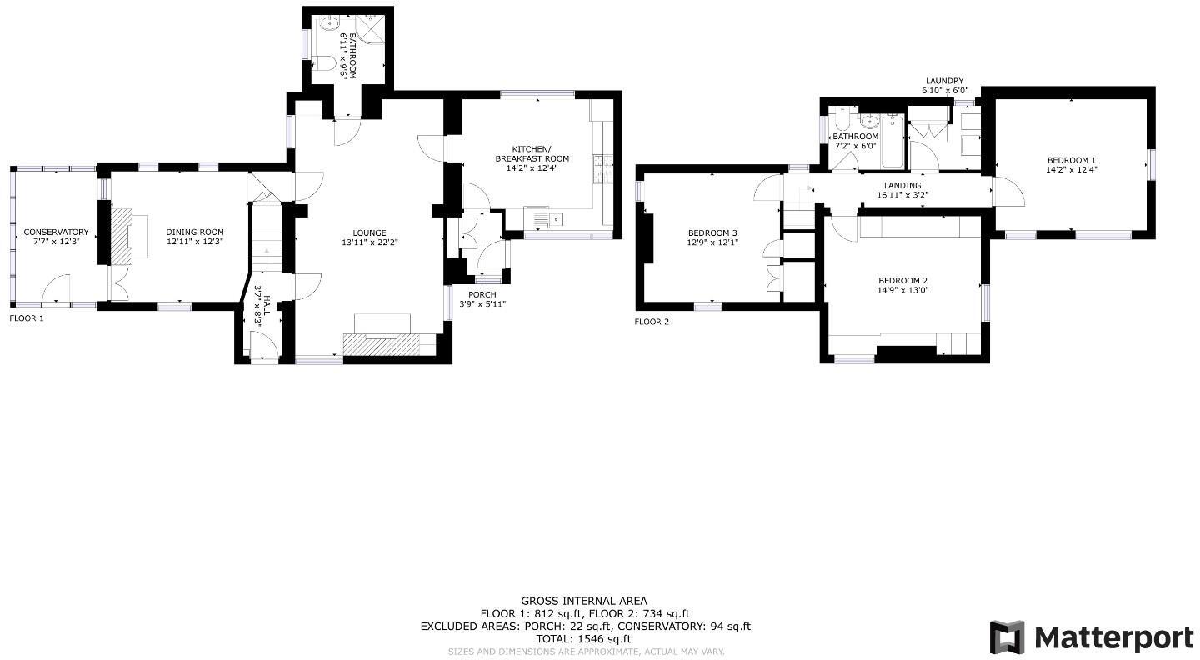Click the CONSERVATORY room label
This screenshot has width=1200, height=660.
[x=56, y=232]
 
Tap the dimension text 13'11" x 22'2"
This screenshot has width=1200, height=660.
[x=369, y=242]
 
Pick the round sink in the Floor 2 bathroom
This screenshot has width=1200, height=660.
[x=868, y=122]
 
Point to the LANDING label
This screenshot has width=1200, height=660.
[x=902, y=186]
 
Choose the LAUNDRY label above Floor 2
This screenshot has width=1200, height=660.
[x=943, y=81]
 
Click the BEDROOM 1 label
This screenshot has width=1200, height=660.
[x=1071, y=160]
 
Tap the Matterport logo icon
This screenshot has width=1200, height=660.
[x=1007, y=637]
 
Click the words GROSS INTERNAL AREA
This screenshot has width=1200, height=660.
[x=583, y=601]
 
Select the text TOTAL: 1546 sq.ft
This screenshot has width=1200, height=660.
[x=583, y=639]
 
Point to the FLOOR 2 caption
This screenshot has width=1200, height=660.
[x=652, y=322]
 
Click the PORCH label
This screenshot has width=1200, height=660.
[x=482, y=294]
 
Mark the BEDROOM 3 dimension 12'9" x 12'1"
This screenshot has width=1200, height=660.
[x=712, y=242]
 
